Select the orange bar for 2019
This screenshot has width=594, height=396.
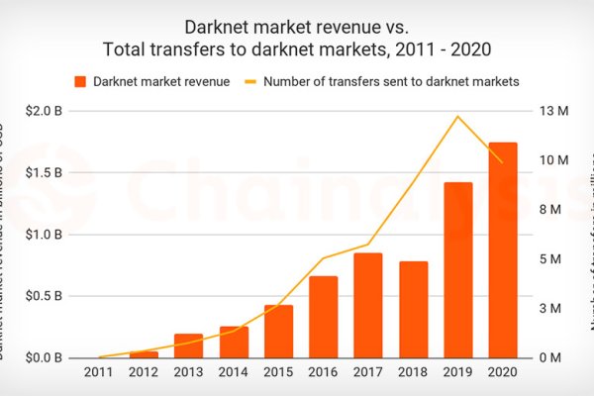[457, 269]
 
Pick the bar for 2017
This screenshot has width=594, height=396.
[368, 305]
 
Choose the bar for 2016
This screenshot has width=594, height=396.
[324, 316]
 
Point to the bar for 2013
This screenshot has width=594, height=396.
[189, 345]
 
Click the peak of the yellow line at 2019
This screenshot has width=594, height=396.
[457, 117]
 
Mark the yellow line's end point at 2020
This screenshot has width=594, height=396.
[503, 162]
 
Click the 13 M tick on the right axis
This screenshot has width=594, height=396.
[550, 111]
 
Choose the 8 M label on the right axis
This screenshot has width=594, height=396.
[550, 210]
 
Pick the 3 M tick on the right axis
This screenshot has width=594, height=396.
[550, 308]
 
